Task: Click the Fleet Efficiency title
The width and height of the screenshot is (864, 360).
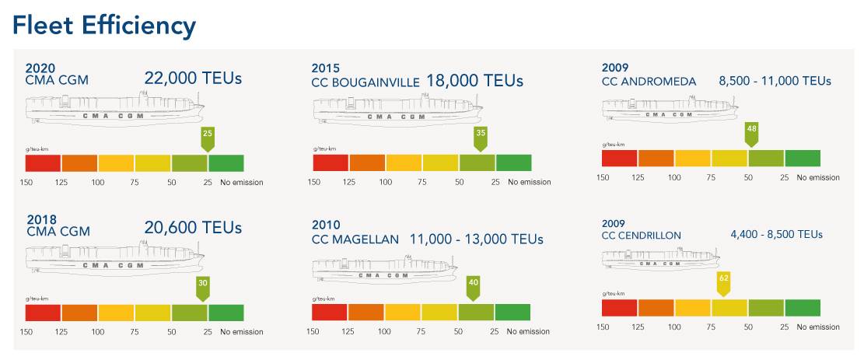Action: [103, 25]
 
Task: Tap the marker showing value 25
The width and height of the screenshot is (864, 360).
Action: [208, 135]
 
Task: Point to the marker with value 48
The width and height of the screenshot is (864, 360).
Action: [751, 129]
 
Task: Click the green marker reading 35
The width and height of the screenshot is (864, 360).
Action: [481, 135]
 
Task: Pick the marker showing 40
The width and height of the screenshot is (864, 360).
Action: [473, 284]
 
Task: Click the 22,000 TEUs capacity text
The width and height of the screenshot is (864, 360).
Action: [193, 78]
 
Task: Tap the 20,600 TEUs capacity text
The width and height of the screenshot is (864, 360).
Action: [193, 228]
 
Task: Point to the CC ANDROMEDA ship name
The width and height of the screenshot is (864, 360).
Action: [649, 81]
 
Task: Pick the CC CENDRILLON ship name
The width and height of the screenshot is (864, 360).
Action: [642, 235]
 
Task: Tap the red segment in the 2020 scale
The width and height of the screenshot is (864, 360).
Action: [43, 163]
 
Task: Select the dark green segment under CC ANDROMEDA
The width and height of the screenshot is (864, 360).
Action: [803, 158]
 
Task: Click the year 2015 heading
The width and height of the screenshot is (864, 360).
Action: [326, 68]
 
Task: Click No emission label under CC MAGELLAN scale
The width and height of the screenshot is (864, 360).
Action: [528, 332]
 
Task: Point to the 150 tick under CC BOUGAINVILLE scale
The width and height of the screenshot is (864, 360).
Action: [313, 183]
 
